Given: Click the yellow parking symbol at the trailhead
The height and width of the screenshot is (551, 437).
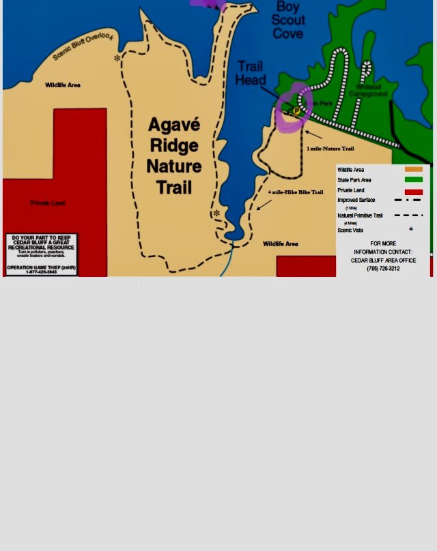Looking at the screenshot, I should (296, 110).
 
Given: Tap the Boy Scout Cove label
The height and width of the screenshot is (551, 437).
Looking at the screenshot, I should (288, 20).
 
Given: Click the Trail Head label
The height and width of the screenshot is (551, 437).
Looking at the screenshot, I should (250, 73).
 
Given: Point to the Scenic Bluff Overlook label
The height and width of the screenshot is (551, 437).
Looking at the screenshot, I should (83, 46).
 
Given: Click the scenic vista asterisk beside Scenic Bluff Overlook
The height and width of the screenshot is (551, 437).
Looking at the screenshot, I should (117, 58).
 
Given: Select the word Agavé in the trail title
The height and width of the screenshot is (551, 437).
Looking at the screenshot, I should (174, 125).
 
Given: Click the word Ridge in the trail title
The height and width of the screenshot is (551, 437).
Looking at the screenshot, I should (174, 145).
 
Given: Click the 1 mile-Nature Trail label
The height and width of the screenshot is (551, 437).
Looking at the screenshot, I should (330, 148).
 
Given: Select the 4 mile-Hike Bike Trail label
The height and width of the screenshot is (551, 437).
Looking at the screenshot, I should (295, 192).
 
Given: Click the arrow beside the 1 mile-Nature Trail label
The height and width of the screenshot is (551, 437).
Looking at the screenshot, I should (313, 134).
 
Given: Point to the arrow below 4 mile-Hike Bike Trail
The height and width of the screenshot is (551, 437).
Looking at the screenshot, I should (264, 204).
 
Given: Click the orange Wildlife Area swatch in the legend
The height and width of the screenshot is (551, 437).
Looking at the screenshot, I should (413, 169).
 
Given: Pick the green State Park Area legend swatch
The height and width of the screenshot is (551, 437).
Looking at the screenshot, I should (413, 180).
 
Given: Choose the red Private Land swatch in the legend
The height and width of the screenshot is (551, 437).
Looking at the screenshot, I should (413, 192).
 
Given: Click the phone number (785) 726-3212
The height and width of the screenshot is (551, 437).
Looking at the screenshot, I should (383, 269).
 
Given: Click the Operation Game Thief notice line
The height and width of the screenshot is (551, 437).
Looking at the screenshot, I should (42, 267).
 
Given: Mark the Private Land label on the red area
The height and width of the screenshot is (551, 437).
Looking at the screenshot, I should (48, 203).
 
